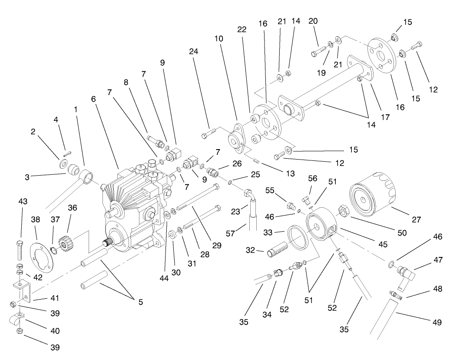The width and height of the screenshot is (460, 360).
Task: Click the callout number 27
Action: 416,220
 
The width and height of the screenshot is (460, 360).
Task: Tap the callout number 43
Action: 23,202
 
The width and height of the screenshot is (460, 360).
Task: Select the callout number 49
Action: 437,323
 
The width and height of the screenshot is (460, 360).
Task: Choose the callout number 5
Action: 140,302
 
